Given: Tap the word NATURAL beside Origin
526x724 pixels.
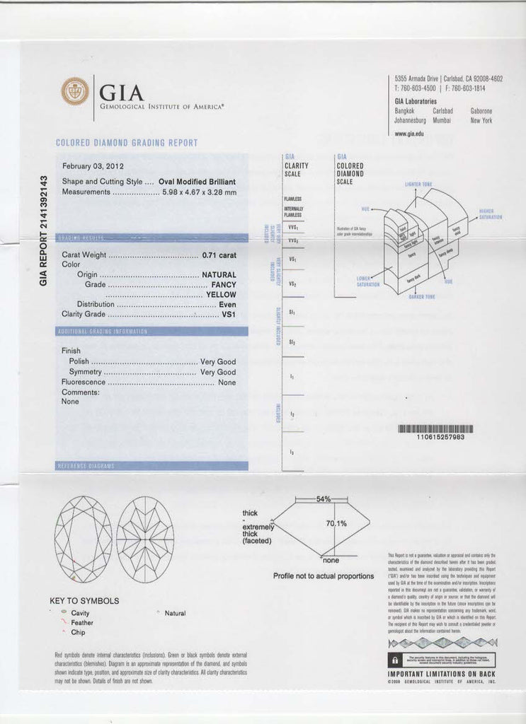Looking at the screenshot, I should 219,274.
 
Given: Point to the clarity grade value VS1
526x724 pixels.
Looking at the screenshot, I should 229,314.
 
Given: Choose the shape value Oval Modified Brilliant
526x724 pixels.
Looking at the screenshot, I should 197,181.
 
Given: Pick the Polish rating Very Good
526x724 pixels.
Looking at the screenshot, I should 218,361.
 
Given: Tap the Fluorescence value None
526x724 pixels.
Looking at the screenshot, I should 227,383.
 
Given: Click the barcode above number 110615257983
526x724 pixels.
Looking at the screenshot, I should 435,428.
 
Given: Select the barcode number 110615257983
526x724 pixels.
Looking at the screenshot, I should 435,438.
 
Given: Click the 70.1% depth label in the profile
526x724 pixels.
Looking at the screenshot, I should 336,524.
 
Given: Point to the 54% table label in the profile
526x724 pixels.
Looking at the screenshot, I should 324,499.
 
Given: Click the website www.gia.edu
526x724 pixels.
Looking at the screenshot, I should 409,134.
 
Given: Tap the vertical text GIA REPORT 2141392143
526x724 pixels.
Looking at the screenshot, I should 43,230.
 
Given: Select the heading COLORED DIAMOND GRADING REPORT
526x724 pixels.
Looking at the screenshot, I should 126,143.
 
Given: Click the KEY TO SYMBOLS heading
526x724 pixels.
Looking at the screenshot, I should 84,601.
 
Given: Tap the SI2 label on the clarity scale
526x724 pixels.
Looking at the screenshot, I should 292,342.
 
